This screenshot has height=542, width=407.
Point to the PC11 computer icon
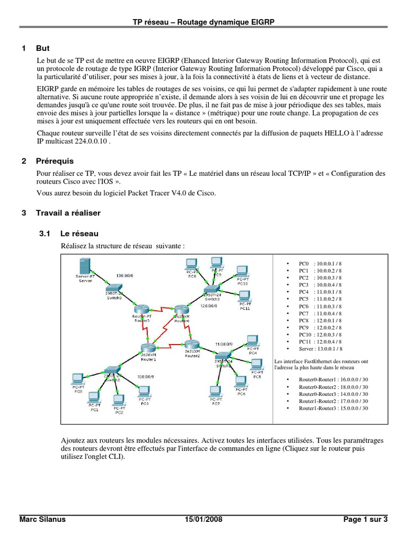coord(244,297)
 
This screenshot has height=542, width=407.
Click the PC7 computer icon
coord(216,393)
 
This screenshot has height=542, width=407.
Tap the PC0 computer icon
coord(78,379)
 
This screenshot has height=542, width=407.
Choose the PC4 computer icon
coord(252,340)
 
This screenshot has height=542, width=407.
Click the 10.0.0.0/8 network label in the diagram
coord(145,376)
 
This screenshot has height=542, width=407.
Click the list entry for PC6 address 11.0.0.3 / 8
coord(320,306)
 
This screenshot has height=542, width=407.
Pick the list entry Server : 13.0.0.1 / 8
coord(320,349)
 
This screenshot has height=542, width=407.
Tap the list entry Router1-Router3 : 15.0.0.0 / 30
coord(333,408)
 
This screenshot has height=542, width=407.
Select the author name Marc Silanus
coord(42,520)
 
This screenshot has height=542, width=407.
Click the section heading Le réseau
coord(79,233)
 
